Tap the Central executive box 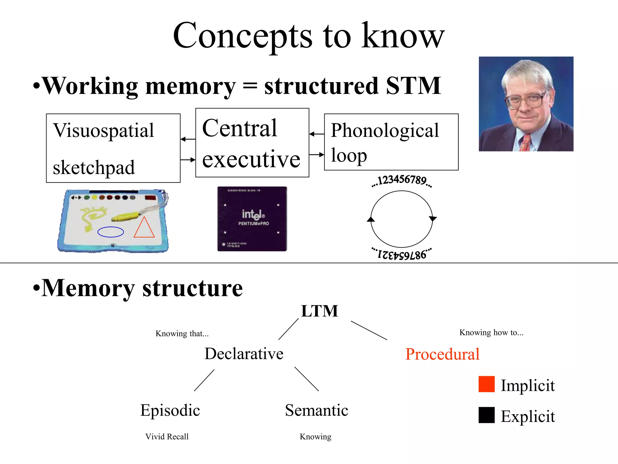point(252,143)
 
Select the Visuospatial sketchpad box point(113,148)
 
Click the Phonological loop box point(391,142)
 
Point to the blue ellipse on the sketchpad point(111,232)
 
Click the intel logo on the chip point(253,214)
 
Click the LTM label point(320,311)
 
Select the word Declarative point(244,354)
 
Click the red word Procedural point(442,354)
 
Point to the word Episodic point(170,410)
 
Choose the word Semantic point(317,410)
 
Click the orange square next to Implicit point(486,384)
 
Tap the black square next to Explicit point(486,415)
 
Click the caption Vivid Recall point(167,437)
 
